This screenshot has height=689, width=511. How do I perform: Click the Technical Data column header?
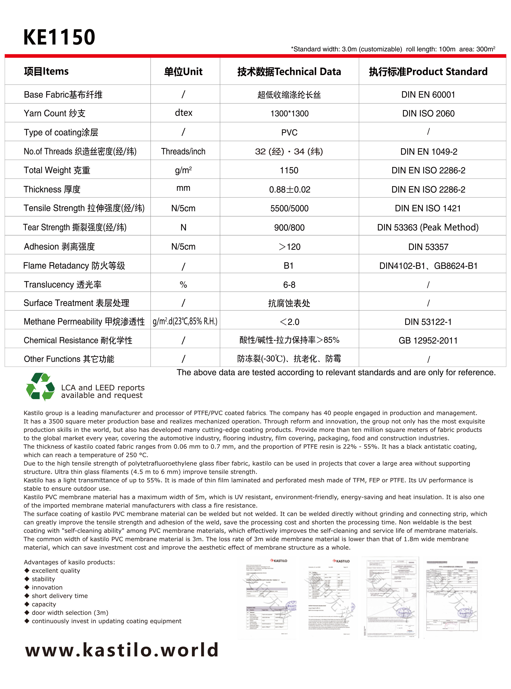[x=289, y=72]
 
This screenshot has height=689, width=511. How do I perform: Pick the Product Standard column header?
[x=428, y=72]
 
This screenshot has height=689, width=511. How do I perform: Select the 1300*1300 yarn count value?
[x=289, y=114]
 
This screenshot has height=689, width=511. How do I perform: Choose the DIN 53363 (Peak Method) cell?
[x=428, y=228]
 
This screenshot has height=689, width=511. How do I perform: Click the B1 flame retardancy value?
[x=289, y=266]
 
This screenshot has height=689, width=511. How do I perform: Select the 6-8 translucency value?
[x=289, y=285]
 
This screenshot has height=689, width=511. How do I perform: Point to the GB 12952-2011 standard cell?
[x=428, y=341]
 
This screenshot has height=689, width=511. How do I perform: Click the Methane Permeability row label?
[x=84, y=322]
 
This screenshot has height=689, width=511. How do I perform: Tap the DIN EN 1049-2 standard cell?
[x=428, y=152]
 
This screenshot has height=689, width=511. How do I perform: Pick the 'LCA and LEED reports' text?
[x=103, y=388]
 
